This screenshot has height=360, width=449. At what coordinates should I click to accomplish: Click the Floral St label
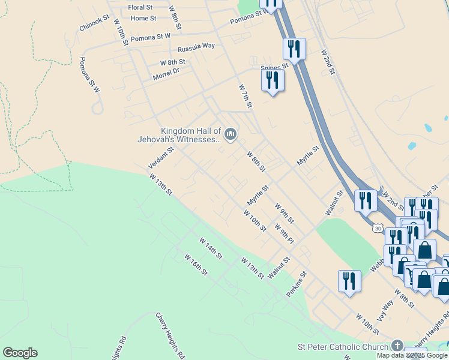tap(141, 8)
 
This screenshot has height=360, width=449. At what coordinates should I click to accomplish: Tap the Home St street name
tap(143, 19)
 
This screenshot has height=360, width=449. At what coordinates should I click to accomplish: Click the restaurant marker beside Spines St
tap(273, 79)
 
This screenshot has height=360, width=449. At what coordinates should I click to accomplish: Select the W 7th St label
tap(245, 97)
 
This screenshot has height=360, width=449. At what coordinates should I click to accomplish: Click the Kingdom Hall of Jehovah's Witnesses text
tap(191, 135)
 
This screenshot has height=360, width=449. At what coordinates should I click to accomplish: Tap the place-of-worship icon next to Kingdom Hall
tap(231, 133)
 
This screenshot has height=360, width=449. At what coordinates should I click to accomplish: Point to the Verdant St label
tap(161, 157)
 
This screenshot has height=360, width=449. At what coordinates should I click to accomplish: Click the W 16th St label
tap(196, 265)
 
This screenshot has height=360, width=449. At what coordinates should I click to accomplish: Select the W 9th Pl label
tap(284, 234)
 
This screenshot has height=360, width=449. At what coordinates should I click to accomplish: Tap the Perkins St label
tap(297, 284)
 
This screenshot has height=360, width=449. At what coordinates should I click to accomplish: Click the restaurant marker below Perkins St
tap(349, 281)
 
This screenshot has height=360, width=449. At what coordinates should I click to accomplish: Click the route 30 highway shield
tap(377, 229)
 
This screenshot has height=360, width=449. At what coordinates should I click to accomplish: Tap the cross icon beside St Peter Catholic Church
tap(397, 346)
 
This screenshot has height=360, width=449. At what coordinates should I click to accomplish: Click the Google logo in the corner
tap(20, 353)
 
